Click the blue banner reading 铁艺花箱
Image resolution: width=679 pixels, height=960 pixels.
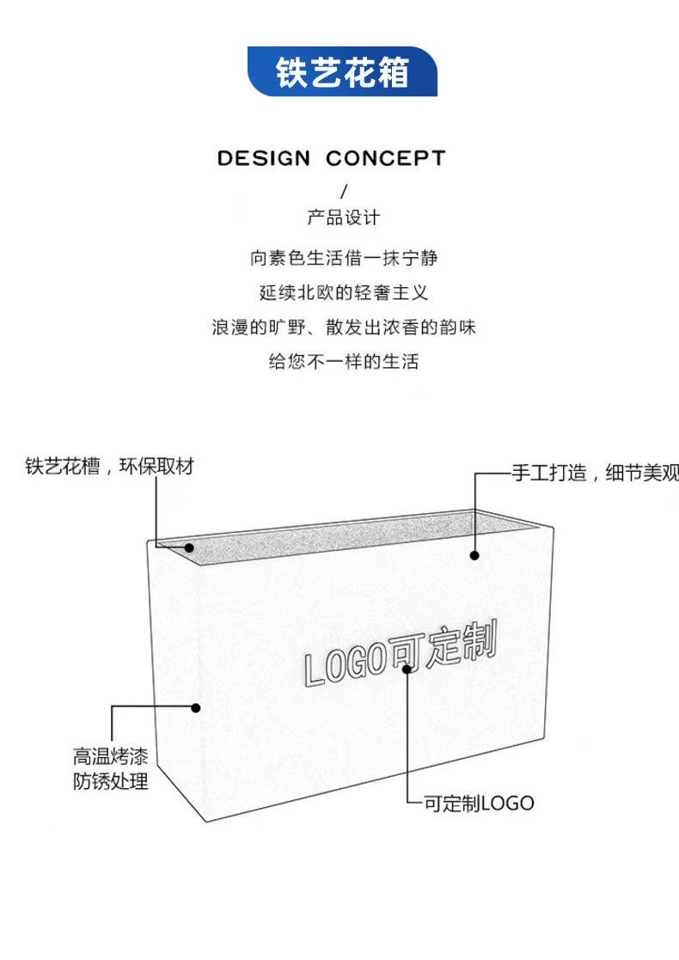point(342,71)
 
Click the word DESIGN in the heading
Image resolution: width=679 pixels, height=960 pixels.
point(263,158)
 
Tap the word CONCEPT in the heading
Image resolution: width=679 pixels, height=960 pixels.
point(386,158)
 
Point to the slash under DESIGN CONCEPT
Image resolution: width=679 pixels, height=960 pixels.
point(344,191)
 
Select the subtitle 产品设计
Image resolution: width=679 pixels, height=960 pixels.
point(343,217)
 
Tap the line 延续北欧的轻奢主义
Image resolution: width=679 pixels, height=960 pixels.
point(344,292)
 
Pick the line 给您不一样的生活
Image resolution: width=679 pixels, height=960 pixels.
point(344,362)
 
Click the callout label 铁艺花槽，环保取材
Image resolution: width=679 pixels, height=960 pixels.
point(109,467)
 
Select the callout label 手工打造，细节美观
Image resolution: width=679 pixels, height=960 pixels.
point(595,473)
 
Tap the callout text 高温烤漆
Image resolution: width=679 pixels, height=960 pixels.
point(110,757)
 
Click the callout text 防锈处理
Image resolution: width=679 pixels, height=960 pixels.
point(110,781)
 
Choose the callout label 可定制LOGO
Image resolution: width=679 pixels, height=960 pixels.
point(479,804)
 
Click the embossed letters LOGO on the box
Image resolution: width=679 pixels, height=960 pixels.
point(343,665)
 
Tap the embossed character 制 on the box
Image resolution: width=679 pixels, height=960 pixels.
point(478,643)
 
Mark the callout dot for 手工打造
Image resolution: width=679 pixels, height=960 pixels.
point(474,555)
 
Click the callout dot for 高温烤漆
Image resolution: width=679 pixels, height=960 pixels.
point(196,707)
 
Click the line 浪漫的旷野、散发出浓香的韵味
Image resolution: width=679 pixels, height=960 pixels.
point(344,327)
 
